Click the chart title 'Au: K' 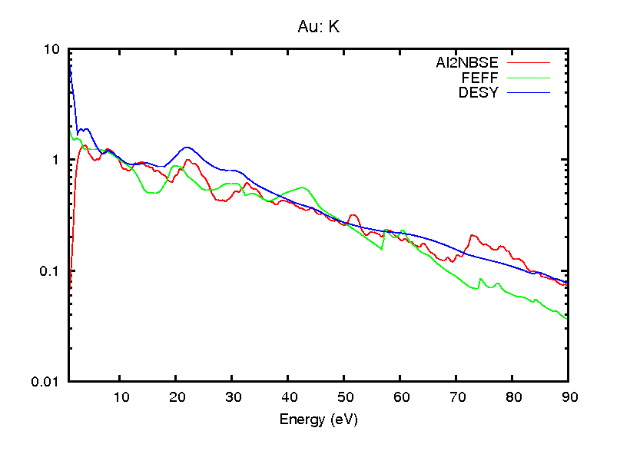(318, 27)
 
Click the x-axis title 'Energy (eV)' (318, 420)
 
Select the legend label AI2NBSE (467, 63)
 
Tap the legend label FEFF (479, 78)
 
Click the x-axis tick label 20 (176, 397)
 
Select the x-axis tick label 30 (232, 397)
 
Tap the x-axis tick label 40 (288, 397)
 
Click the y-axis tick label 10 (52, 49)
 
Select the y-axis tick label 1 (56, 160)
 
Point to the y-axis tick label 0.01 (46, 382)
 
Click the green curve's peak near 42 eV (303, 187)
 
